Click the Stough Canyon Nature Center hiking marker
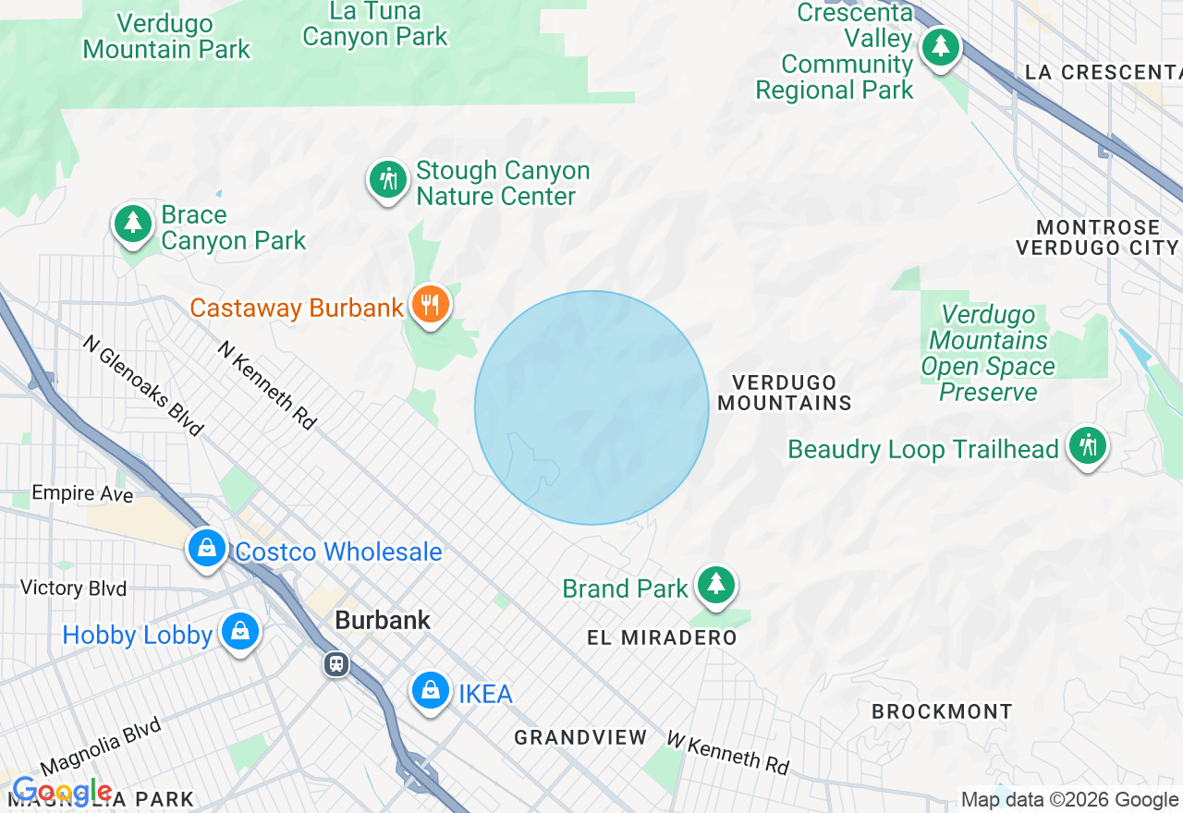click(388, 179)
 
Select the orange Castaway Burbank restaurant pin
click(430, 303)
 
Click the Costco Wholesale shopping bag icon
click(207, 547)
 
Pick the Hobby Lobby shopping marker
click(240, 632)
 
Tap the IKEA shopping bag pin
click(430, 689)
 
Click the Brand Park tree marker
click(715, 584)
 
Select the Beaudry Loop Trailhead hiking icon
click(1087, 446)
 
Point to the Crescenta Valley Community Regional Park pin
click(941, 44)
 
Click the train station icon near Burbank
click(336, 663)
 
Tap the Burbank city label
click(383, 620)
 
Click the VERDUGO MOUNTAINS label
click(785, 393)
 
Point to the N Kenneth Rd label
click(267, 385)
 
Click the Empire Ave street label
click(82, 493)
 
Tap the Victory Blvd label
click(73, 588)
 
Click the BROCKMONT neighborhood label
click(942, 711)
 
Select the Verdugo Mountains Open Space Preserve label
click(988, 354)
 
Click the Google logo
click(61, 792)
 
